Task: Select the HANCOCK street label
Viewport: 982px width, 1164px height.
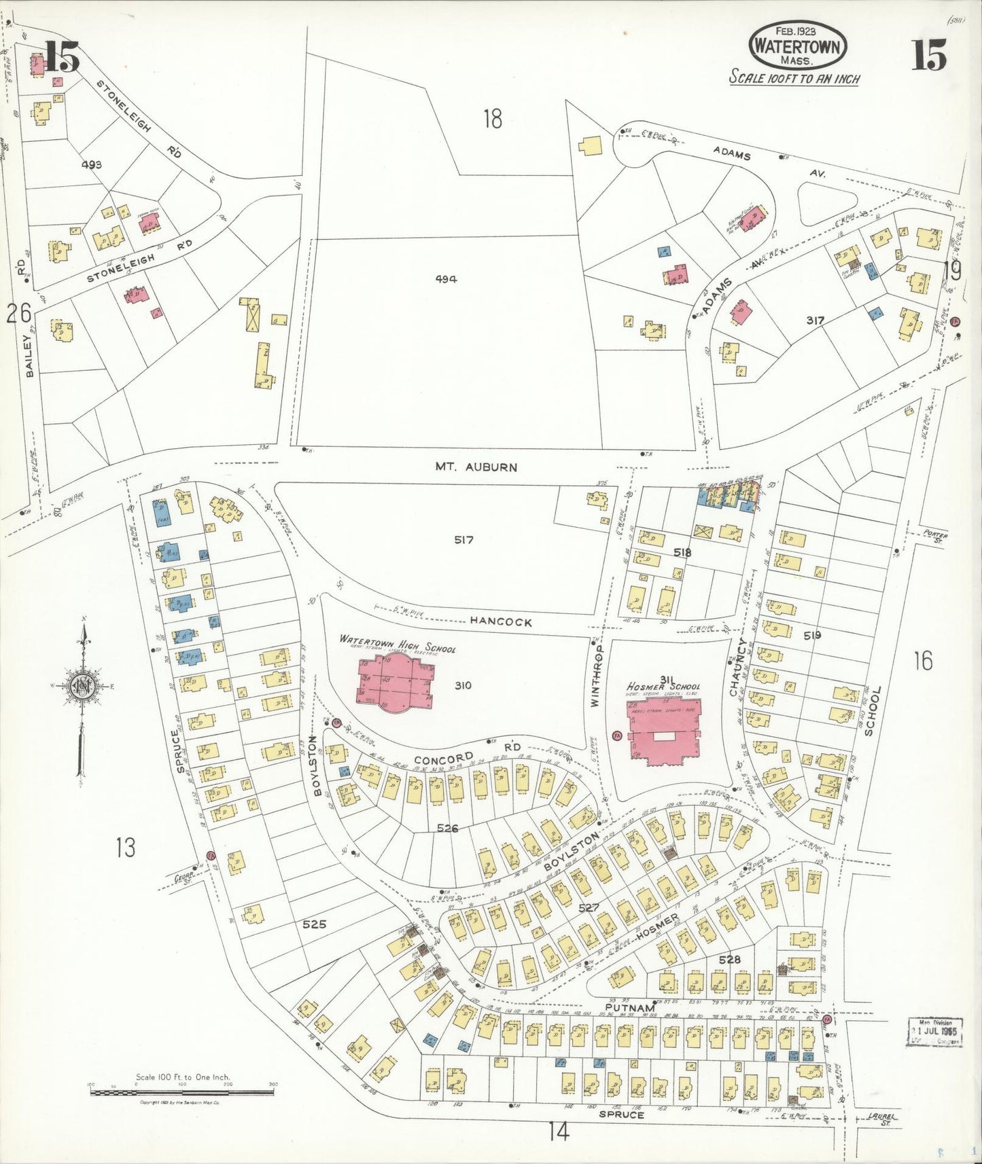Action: click(501, 621)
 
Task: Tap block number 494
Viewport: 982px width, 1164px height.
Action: click(446, 279)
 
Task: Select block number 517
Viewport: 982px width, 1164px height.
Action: click(464, 540)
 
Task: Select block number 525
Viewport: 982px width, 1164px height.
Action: click(314, 924)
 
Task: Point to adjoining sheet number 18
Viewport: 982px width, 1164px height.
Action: click(493, 119)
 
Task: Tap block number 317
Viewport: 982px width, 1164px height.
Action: click(816, 320)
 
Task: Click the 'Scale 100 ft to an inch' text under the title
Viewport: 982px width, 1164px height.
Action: click(794, 79)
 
